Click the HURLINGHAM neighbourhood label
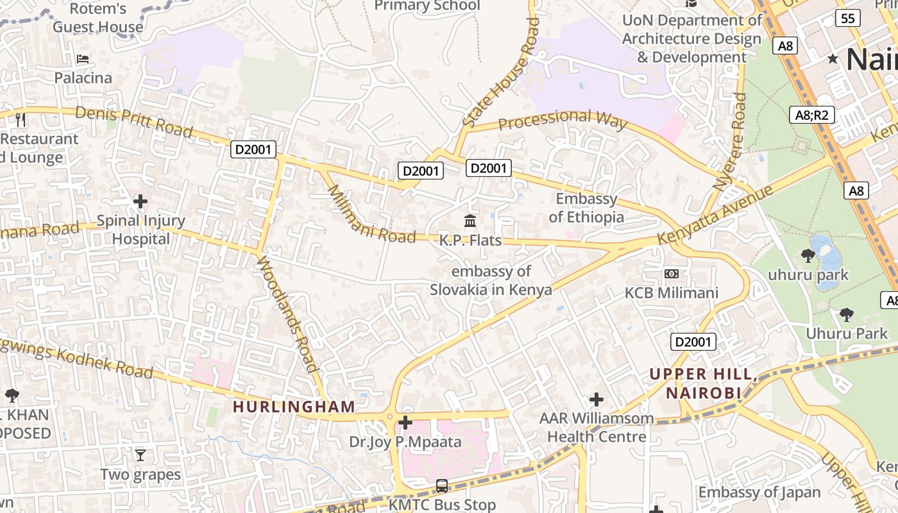pyautogui.click(x=293, y=407)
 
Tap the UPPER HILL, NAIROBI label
pyautogui.click(x=703, y=383)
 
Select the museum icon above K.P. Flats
pyautogui.click(x=470, y=221)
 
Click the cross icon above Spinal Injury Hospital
pyautogui.click(x=140, y=202)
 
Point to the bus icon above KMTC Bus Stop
pyautogui.click(x=442, y=485)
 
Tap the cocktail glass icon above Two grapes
pyautogui.click(x=140, y=455)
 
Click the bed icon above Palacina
pyautogui.click(x=83, y=59)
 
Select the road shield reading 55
pyautogui.click(x=848, y=18)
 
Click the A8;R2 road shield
pyautogui.click(x=811, y=115)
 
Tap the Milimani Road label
pyautogui.click(x=370, y=215)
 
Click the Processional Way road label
pyautogui.click(x=562, y=120)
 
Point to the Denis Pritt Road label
pyautogui.click(x=134, y=121)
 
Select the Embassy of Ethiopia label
pyautogui.click(x=586, y=208)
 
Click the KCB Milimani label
pyautogui.click(x=672, y=292)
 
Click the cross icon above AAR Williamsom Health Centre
pyautogui.click(x=597, y=399)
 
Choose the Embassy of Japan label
pyautogui.click(x=759, y=492)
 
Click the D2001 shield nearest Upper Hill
pyautogui.click(x=693, y=342)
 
